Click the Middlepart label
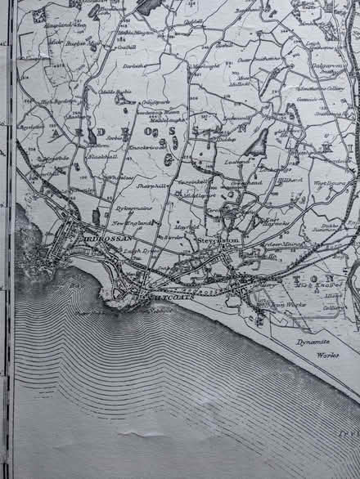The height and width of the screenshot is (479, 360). coord(200,196)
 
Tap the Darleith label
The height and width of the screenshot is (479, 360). coord(133,65)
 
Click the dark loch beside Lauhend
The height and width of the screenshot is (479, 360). coord(259,145)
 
